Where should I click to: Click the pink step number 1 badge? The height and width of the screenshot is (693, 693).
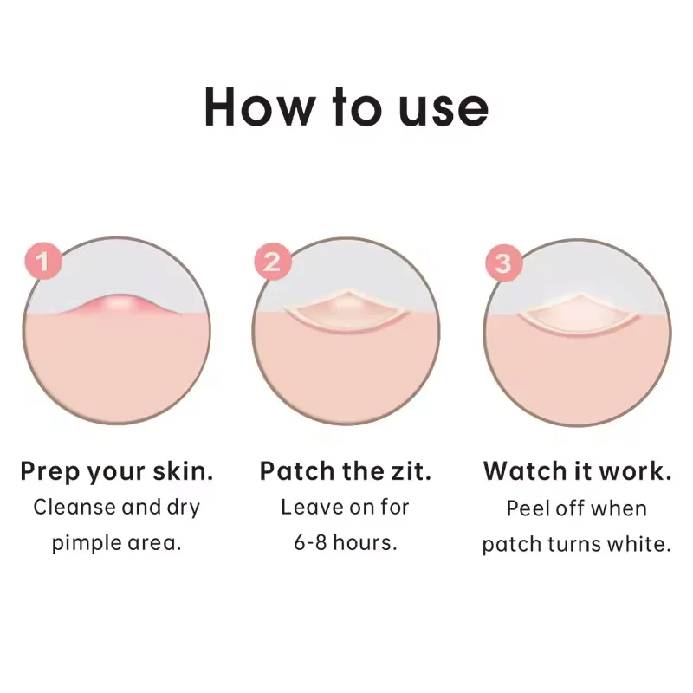click(42, 261)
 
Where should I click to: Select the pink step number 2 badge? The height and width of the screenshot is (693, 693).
click(271, 261)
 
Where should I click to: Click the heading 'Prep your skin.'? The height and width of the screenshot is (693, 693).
click(117, 472)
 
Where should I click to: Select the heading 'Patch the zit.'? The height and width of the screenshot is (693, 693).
click(346, 472)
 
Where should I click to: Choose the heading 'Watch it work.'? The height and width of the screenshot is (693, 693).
click(577, 472)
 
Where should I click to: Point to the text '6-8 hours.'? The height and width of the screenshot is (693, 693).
click(346, 544)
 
